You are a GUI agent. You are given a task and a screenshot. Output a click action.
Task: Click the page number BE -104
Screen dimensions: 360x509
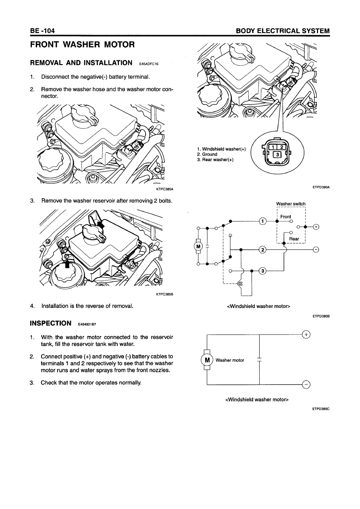coord(42,31)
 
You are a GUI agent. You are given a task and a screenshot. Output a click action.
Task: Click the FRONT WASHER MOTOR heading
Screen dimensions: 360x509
coord(82,45)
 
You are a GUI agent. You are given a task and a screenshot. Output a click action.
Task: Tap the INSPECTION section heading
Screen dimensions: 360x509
coord(50,323)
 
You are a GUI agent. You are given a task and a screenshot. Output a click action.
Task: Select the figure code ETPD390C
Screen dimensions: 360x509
coord(321,409)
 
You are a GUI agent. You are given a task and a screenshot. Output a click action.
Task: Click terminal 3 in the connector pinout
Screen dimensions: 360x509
coord(277,155)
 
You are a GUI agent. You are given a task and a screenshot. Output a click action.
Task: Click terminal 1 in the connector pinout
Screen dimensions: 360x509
coord(273,147)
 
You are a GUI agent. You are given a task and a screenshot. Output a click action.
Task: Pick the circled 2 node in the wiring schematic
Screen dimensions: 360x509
coord(263,250)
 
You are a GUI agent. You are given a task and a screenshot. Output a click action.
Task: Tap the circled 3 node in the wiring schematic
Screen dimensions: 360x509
coord(263,271)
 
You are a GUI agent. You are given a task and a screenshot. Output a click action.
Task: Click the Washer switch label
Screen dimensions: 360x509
coord(291,204)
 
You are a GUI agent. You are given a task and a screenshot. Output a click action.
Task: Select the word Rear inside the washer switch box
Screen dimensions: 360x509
coord(294,239)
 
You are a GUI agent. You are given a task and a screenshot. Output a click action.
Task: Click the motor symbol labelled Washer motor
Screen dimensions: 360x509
coord(207,360)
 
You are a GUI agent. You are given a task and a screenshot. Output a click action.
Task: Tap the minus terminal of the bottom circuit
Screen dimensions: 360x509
coord(306,384)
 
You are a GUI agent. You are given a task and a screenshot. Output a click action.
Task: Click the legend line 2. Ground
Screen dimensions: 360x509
coord(207,154)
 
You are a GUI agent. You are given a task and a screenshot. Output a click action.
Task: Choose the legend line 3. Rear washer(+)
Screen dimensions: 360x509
coord(215,160)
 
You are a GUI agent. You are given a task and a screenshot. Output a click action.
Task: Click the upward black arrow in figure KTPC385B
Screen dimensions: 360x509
coord(67,264)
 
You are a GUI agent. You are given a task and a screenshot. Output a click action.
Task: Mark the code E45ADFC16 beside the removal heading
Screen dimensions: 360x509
coord(149,64)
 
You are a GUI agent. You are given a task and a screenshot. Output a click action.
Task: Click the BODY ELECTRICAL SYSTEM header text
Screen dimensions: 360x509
coord(283,31)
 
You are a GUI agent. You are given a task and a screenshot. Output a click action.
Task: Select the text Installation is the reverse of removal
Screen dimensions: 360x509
coord(87,306)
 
